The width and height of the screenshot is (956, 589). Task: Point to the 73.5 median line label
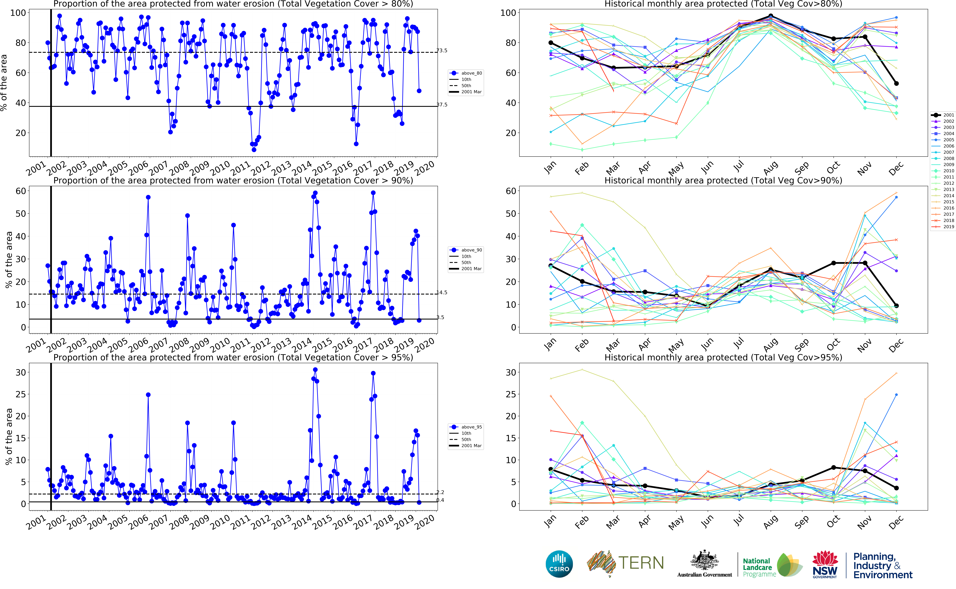pos(442,51)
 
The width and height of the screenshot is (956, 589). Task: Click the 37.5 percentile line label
pos(442,105)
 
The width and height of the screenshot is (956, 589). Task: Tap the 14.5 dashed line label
pos(442,293)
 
